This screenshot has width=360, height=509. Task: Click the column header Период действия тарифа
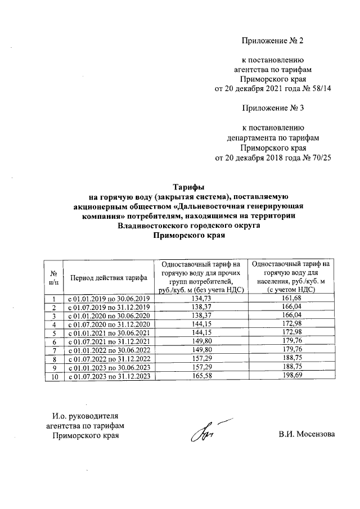(x=108, y=277)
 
